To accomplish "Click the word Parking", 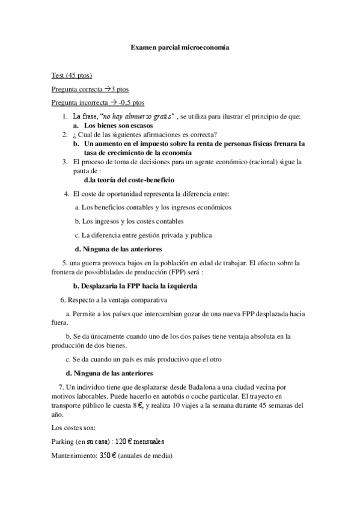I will coord(64,441).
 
